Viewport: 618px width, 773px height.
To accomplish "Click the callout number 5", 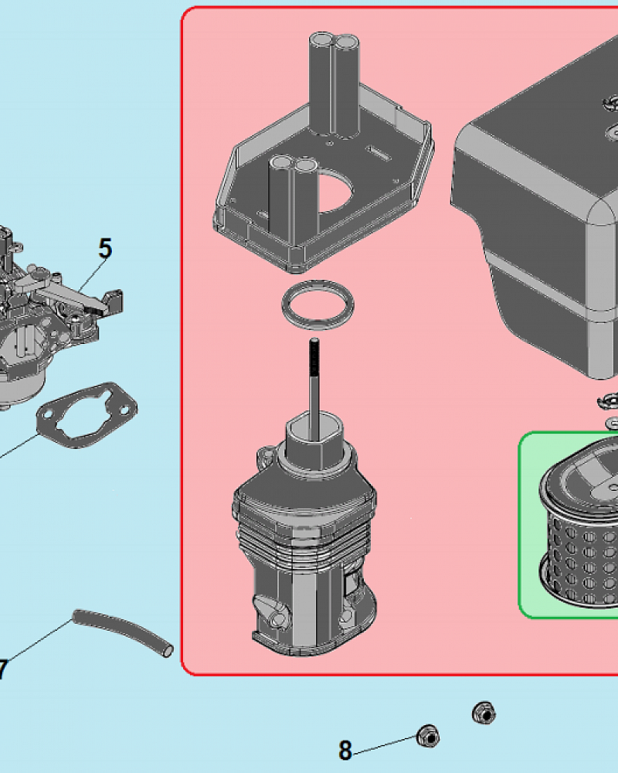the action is [x=105, y=248].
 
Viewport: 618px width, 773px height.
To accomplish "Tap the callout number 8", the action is [x=345, y=750].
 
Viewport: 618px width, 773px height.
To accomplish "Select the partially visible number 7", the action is [x=3, y=670].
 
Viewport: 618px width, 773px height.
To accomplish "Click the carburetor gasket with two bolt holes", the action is [x=87, y=415].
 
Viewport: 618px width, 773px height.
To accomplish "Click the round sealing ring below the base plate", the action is [x=317, y=305].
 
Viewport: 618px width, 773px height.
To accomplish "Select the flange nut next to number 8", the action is [x=428, y=737].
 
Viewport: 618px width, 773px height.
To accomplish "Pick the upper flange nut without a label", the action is [x=484, y=713].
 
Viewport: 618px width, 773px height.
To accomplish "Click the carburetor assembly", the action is [x=54, y=315].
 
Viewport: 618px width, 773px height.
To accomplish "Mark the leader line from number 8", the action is [x=385, y=745].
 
